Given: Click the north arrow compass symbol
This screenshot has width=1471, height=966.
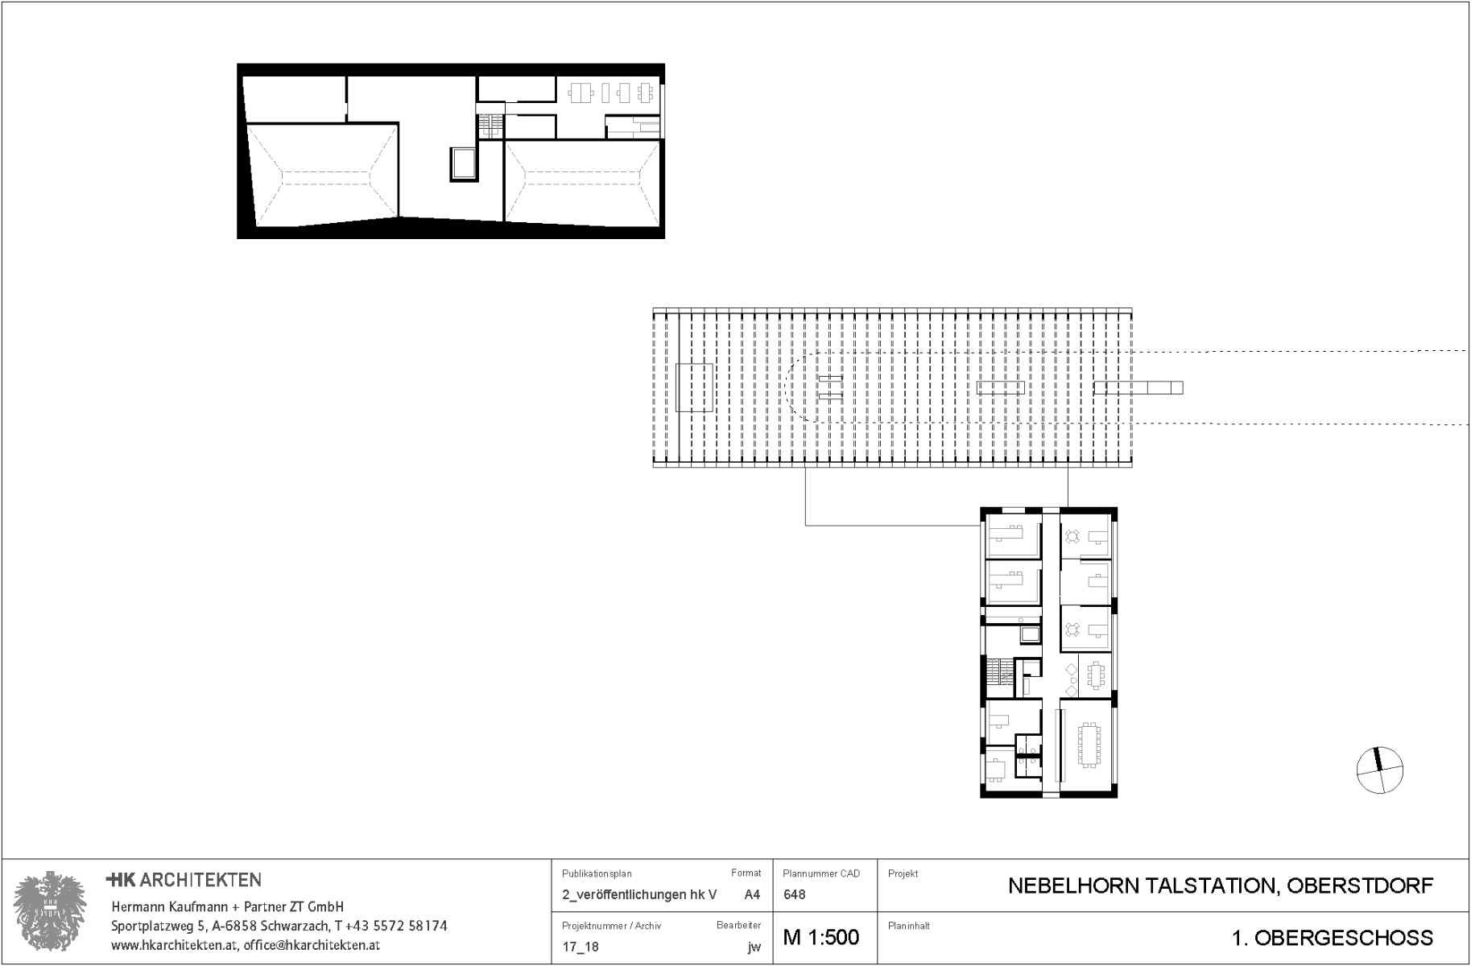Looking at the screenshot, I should coord(1380,770).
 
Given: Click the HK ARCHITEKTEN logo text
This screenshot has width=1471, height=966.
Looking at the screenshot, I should coord(184,880).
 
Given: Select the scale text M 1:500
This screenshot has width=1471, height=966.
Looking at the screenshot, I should coord(820,938).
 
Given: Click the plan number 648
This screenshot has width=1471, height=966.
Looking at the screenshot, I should coord(794,894).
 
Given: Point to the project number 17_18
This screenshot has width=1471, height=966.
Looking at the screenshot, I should coord(580,947).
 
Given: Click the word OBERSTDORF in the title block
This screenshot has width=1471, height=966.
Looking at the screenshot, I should coord(1360,886).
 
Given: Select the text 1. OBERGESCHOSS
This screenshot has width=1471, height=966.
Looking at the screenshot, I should coord(1332,938).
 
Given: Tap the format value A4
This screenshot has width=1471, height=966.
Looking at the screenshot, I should coord(752,894).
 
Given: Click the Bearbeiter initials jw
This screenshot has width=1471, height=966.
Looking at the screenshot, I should coord(754,947).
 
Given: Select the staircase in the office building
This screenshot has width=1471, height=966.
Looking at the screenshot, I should coord(1000,672).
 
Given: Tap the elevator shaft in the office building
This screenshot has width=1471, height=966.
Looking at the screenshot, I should coord(1030,636).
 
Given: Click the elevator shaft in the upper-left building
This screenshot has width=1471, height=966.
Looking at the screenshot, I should coord(463,164).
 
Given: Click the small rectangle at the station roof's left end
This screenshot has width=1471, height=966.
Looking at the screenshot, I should coord(694,388).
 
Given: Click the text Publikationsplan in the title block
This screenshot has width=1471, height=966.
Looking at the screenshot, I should coord(597,873).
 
